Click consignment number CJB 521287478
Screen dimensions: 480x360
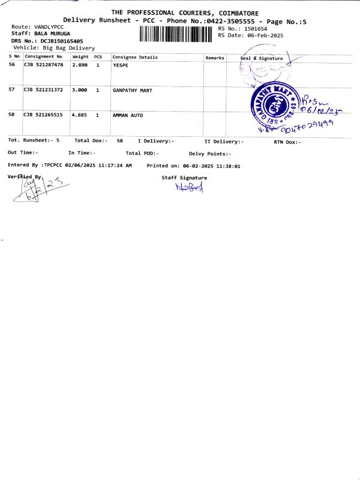point(43,64)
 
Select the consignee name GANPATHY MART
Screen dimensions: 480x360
point(132,91)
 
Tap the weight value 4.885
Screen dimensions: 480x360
point(80,115)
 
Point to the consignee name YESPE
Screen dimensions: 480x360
point(121,64)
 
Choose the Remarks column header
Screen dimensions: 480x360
point(215,58)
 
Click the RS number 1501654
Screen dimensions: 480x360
point(254,29)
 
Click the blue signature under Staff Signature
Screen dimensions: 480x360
point(190,187)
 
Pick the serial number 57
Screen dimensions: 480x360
point(12,90)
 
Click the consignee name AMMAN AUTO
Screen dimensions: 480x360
point(128,115)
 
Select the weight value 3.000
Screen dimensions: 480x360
point(80,91)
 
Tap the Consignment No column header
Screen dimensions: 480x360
point(43,57)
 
